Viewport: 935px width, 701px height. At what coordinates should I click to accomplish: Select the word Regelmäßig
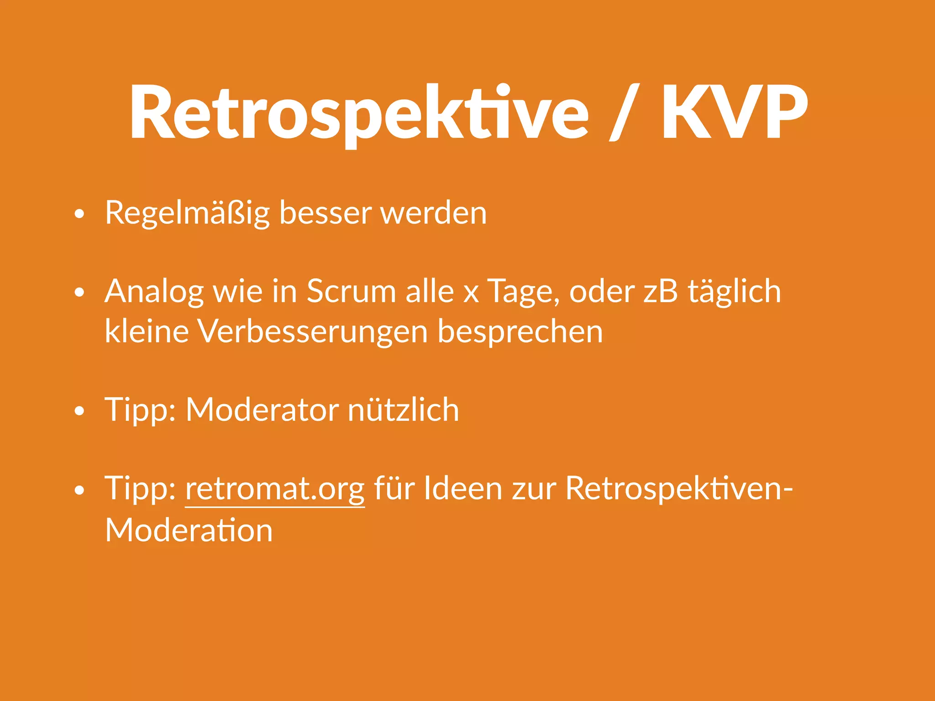tap(187, 214)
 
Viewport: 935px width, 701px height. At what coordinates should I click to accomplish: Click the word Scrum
tap(351, 291)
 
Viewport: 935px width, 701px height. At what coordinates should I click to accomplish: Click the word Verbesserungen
tap(312, 332)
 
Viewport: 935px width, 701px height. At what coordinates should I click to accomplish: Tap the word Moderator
tap(262, 409)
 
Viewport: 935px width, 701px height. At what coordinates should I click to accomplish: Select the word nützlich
tap(403, 409)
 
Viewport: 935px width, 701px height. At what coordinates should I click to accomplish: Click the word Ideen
tap(463, 488)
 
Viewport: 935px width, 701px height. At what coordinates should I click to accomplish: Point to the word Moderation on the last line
tap(189, 530)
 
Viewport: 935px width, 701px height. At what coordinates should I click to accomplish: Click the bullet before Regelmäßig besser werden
tap(79, 214)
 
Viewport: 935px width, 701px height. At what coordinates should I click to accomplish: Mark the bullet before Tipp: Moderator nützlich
tap(79, 411)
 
